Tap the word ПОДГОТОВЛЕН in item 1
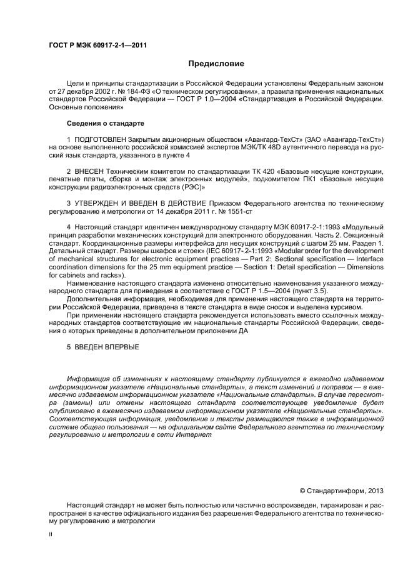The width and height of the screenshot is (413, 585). (99, 138)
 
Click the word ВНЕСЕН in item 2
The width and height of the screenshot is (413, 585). (90, 171)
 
